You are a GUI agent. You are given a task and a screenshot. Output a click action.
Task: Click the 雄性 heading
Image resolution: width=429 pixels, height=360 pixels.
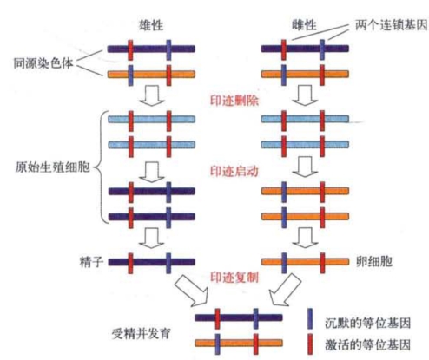pyautogui.click(x=151, y=25)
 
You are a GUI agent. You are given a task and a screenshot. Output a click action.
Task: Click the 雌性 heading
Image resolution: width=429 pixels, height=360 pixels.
pyautogui.click(x=304, y=25)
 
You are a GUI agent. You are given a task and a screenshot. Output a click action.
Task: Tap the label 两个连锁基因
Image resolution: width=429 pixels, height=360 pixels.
pyautogui.click(x=392, y=25)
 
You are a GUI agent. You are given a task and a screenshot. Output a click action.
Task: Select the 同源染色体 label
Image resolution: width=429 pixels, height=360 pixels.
pyautogui.click(x=43, y=62)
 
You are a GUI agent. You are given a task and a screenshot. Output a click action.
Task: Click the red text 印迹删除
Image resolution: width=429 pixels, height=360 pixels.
pyautogui.click(x=234, y=101)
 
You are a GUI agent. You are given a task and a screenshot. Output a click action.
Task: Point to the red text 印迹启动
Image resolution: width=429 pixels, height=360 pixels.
pyautogui.click(x=234, y=171)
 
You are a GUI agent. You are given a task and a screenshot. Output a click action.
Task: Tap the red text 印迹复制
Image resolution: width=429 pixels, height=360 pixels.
pyautogui.click(x=234, y=277)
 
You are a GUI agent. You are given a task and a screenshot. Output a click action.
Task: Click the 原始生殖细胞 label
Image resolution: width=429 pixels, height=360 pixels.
pyautogui.click(x=52, y=167)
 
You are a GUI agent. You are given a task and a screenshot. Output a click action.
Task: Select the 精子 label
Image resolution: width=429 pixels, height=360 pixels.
pyautogui.click(x=91, y=262)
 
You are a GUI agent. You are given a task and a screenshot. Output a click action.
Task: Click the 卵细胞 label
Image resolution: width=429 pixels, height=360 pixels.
pyautogui.click(x=374, y=262)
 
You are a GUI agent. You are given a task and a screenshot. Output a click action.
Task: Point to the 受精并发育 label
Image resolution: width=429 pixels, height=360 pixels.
pyautogui.click(x=141, y=334)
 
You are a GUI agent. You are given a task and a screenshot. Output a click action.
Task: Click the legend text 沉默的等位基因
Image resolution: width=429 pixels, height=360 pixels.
pyautogui.click(x=367, y=323)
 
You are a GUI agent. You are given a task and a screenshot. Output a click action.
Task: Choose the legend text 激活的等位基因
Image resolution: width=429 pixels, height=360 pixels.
pyautogui.click(x=367, y=344)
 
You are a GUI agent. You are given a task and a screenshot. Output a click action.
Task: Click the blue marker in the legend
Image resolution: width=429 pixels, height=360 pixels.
pyautogui.click(x=310, y=319)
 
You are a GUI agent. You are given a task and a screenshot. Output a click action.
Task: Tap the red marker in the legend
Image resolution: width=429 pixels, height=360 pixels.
pyautogui.click(x=310, y=344)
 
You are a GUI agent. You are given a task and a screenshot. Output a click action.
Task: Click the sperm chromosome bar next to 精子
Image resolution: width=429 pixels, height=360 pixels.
pyautogui.click(x=152, y=263)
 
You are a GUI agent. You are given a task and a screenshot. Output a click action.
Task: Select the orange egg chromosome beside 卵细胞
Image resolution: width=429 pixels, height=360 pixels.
pyautogui.click(x=305, y=262)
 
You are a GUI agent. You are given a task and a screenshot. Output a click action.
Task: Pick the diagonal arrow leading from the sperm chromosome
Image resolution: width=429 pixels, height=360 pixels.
pyautogui.click(x=192, y=291)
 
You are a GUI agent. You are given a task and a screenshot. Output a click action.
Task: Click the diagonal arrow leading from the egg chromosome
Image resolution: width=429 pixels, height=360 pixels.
pyautogui.click(x=285, y=290)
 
